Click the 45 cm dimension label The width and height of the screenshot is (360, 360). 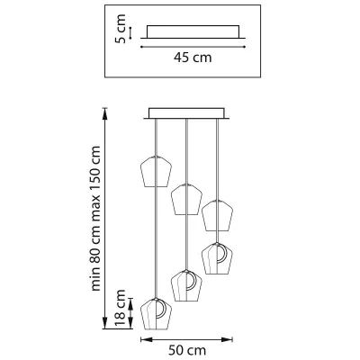tap(193, 58)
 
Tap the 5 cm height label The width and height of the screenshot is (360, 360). tap(121, 29)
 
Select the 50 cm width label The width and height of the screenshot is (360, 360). tap(187, 350)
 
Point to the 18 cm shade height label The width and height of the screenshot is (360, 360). tap(121, 309)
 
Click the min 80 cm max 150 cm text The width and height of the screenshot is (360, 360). tap(95, 219)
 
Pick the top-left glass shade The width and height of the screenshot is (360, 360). tap(156, 171)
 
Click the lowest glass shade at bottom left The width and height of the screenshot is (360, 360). tap(156, 313)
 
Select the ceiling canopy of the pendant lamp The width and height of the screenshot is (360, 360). tap(186, 113)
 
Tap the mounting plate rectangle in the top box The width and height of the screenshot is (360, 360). tap(193, 31)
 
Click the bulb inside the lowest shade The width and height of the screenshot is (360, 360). tap(162, 309)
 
